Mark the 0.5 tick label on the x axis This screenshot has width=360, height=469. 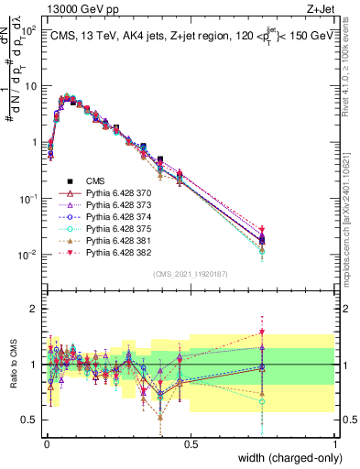click(x=191, y=443)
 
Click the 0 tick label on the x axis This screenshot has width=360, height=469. click(x=47, y=443)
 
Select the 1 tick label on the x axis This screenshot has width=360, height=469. click(x=334, y=443)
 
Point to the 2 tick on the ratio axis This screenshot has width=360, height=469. click(x=35, y=309)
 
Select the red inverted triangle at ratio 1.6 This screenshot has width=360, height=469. click(x=263, y=332)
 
